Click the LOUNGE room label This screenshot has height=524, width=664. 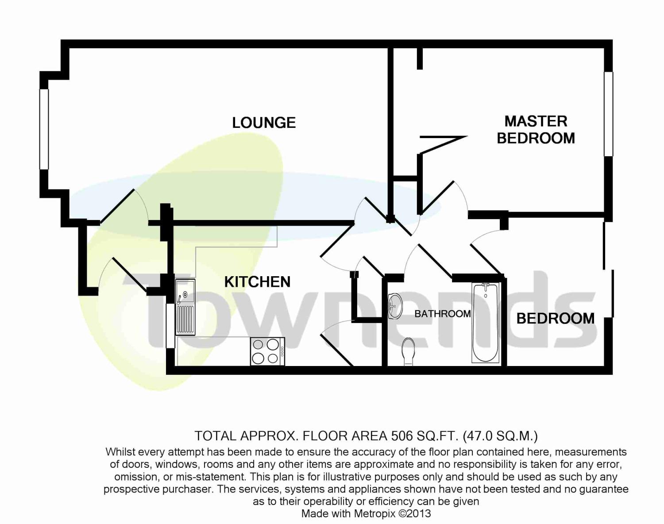(264, 123)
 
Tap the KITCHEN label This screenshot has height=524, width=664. (257, 282)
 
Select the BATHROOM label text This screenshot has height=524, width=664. (442, 314)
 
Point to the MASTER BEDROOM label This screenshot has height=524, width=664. (536, 130)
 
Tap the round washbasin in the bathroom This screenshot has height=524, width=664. (393, 305)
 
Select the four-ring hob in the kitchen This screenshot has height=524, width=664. (267, 351)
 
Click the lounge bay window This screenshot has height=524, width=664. (44, 129)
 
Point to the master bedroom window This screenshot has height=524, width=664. (609, 114)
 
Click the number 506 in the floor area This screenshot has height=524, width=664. (401, 436)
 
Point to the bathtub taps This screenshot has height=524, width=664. (486, 287)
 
